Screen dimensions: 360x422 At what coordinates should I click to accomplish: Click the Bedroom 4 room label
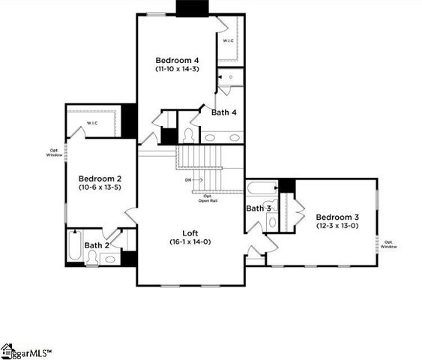(177, 60)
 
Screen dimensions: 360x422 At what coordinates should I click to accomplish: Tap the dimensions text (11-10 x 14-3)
(177, 69)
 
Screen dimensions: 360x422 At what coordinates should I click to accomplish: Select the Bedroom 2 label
(100, 178)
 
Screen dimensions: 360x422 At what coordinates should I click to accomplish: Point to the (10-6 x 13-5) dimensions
(100, 187)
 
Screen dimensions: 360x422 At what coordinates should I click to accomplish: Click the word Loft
(190, 232)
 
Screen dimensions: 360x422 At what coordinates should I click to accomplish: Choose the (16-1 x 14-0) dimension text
(190, 241)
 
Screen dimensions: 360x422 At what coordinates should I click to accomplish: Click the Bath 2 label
(97, 245)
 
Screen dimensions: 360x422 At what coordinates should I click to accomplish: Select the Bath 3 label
(259, 208)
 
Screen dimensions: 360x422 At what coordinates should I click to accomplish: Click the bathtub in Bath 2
(73, 247)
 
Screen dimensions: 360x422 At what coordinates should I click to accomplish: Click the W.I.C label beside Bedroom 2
(92, 123)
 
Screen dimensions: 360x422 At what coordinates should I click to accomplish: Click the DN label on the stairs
(187, 180)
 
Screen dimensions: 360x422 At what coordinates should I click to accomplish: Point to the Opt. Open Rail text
(208, 198)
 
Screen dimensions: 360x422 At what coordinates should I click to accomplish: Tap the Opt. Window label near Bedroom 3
(389, 244)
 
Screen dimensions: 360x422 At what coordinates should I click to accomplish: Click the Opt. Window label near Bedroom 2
(53, 152)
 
